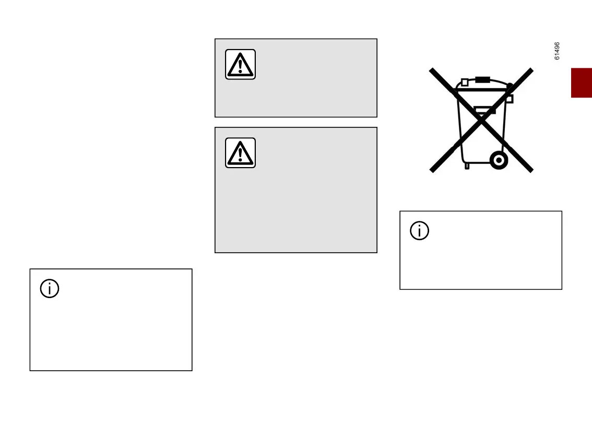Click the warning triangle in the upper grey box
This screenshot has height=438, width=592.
coord(240,64)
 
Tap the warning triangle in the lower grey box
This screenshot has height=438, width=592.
coord(240,153)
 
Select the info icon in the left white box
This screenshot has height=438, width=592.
coord(50,289)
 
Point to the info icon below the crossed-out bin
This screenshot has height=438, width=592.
coord(420,231)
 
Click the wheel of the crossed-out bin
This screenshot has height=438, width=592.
coord(499,160)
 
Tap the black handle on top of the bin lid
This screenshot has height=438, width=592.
coord(482,80)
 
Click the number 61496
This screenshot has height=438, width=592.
coord(557,51)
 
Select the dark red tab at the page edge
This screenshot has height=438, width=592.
coord(581,82)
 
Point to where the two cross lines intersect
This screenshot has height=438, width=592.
coord(481,120)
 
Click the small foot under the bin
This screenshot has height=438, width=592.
coord(467,165)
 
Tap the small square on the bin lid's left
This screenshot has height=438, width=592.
coord(464,82)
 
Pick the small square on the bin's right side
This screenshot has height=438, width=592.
coord(510,99)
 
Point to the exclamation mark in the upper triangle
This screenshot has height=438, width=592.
coord(240,66)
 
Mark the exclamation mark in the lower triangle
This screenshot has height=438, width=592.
coord(240,155)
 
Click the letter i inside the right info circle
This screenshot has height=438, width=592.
coord(420,231)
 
